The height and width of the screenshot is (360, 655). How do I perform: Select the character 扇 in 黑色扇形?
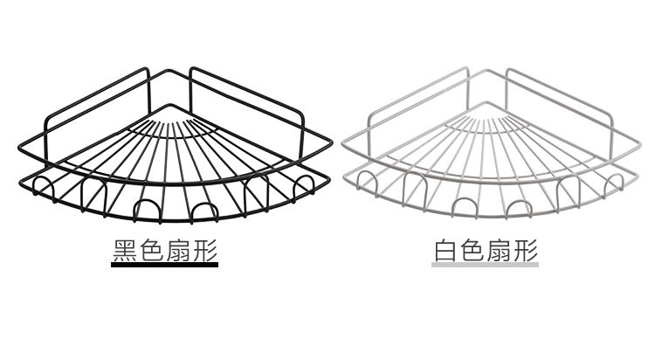pyautogui.click(x=178, y=251)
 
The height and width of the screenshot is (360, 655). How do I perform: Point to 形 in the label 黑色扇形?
pyautogui.click(x=204, y=251)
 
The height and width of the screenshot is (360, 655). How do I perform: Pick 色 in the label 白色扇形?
pyautogui.click(x=473, y=251)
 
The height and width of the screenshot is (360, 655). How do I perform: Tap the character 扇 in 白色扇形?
pyautogui.click(x=500, y=251)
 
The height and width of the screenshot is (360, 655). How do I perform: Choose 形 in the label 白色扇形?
pyautogui.click(x=526, y=251)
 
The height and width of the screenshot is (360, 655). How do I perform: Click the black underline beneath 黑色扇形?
pyautogui.click(x=164, y=267)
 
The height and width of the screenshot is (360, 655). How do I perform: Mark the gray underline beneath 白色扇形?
pyautogui.click(x=486, y=267)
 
